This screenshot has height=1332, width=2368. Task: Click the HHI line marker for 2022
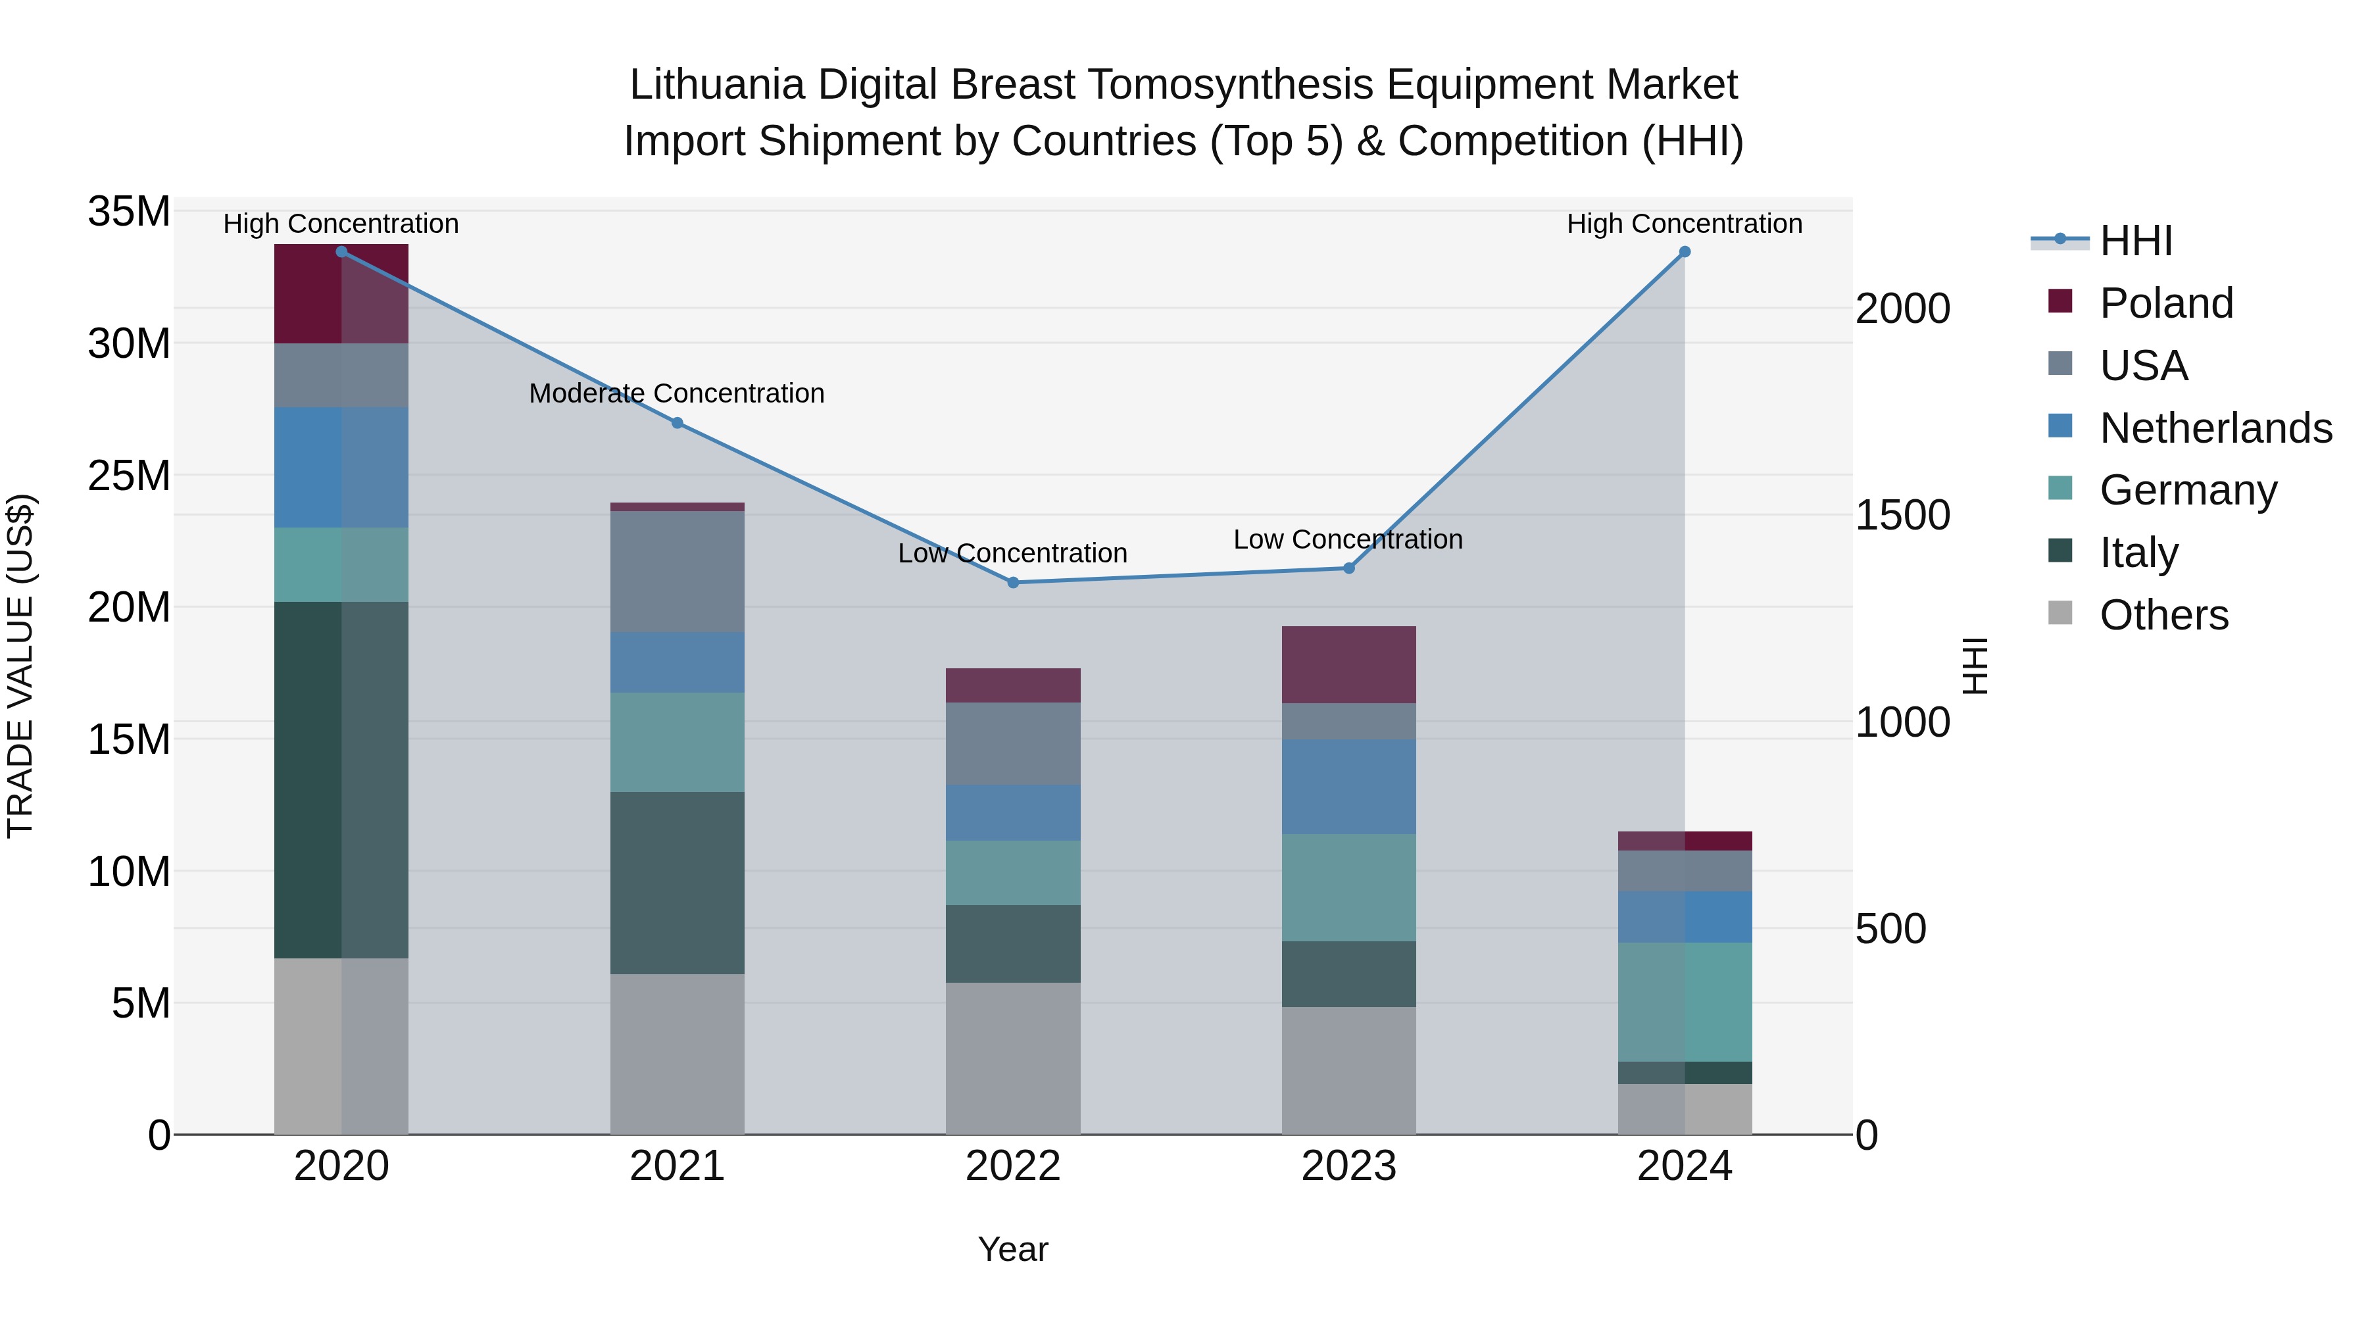click(x=1013, y=582)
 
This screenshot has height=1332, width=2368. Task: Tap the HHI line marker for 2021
click(x=678, y=423)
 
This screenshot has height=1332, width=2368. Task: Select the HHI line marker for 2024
click(x=1684, y=252)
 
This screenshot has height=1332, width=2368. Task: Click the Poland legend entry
click(x=2166, y=303)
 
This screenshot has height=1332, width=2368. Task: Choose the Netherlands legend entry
click(x=2215, y=428)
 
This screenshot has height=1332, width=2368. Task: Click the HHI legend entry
click(x=2135, y=241)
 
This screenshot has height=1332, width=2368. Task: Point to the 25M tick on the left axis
click(x=129, y=476)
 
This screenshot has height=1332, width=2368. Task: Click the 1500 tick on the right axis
click(x=1902, y=515)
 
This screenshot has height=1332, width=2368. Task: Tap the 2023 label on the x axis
click(x=1348, y=1166)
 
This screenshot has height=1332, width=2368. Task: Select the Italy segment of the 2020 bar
click(x=341, y=779)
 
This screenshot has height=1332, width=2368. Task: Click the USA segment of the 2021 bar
click(x=678, y=572)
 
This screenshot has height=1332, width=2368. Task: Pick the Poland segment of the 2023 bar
click(x=1348, y=664)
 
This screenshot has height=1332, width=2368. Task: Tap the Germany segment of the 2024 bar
click(x=1684, y=1002)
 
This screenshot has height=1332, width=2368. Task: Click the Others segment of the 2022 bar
click(x=1013, y=1058)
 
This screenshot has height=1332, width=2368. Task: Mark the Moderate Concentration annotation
click(x=677, y=393)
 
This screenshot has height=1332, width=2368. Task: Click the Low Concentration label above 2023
click(x=1348, y=539)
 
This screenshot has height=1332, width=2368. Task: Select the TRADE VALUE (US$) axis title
click(x=20, y=666)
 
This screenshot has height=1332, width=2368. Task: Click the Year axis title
click(x=1013, y=1249)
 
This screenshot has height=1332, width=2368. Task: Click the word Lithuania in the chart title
click(x=716, y=86)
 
